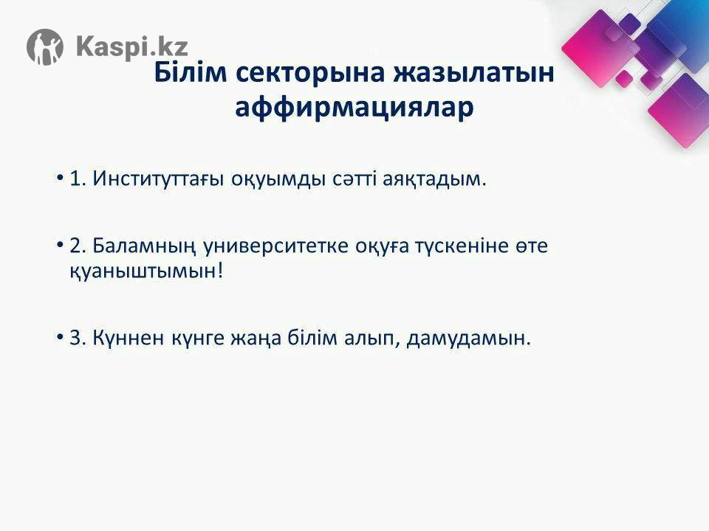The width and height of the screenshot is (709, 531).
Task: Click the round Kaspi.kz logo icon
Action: click(x=45, y=47)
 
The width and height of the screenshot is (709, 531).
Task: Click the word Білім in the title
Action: click(x=190, y=72)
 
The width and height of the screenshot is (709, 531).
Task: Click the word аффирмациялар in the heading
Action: click(x=354, y=108)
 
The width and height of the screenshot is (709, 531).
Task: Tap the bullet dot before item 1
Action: click(x=59, y=178)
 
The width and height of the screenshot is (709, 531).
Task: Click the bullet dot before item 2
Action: click(x=59, y=245)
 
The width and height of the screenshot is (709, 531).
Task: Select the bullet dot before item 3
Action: click(x=59, y=337)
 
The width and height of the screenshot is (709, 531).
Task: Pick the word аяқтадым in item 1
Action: click(x=434, y=178)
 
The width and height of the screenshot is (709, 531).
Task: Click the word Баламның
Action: click(x=144, y=246)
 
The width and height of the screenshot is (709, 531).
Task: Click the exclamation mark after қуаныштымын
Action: click(x=220, y=270)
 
